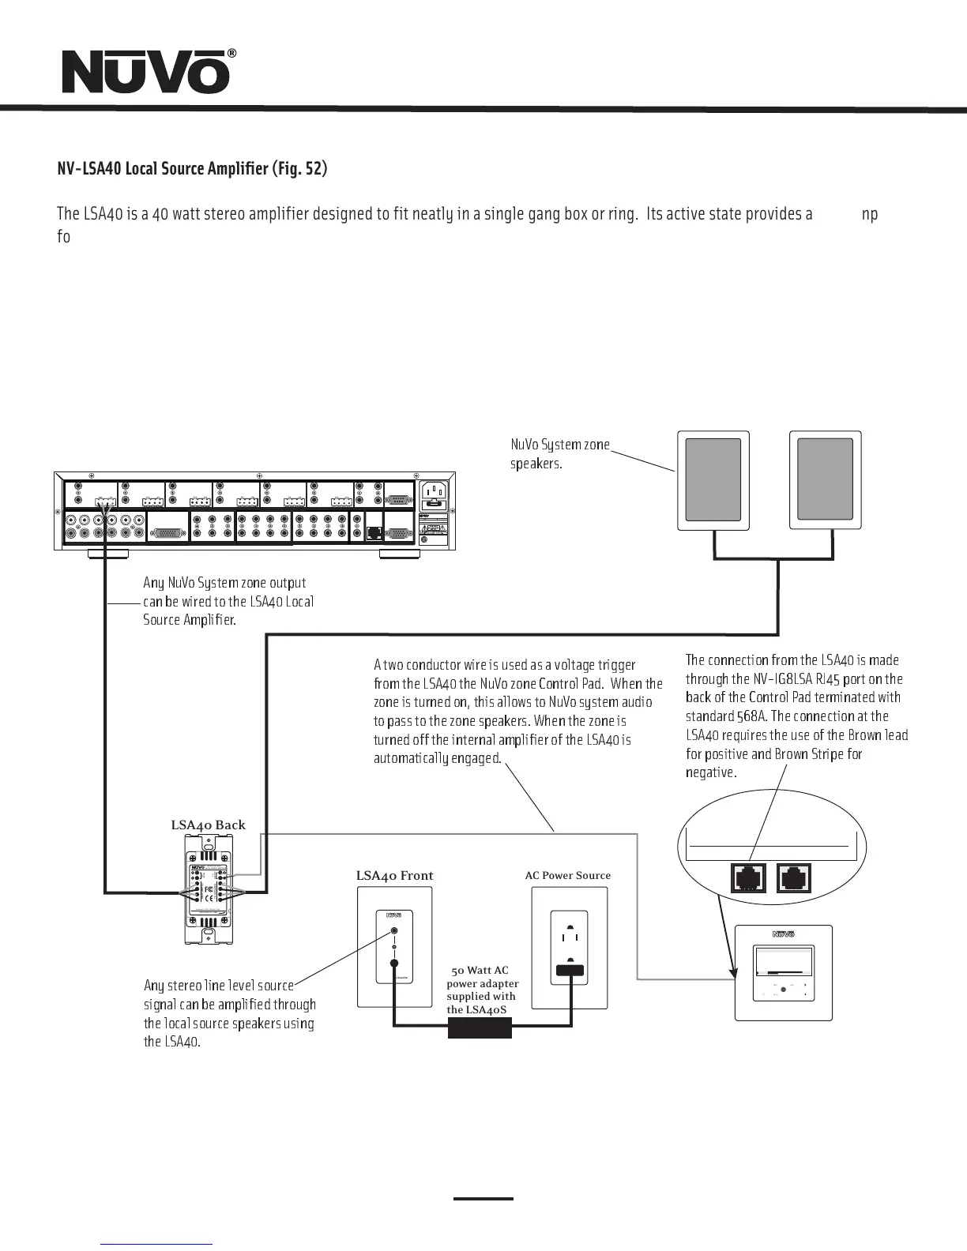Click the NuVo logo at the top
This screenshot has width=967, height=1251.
tap(147, 72)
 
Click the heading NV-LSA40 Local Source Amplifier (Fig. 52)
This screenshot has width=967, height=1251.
tap(192, 169)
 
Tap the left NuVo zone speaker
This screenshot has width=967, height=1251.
tap(713, 480)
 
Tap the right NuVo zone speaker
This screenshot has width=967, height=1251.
tap(825, 480)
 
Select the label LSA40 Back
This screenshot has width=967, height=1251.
tap(209, 825)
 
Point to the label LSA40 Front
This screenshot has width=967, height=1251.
tap(394, 875)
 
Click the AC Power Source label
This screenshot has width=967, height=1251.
tap(568, 875)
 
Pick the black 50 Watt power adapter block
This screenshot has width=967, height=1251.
tap(480, 1027)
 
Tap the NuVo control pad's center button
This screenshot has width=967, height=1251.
tap(783, 990)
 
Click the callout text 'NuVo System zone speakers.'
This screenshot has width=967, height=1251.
tap(560, 454)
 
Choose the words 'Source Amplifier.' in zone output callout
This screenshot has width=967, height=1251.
tap(190, 620)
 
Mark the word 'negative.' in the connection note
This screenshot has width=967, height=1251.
tap(711, 772)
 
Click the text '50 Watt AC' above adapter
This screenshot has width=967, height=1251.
tap(480, 970)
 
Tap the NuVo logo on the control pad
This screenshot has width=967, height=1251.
tap(783, 934)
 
